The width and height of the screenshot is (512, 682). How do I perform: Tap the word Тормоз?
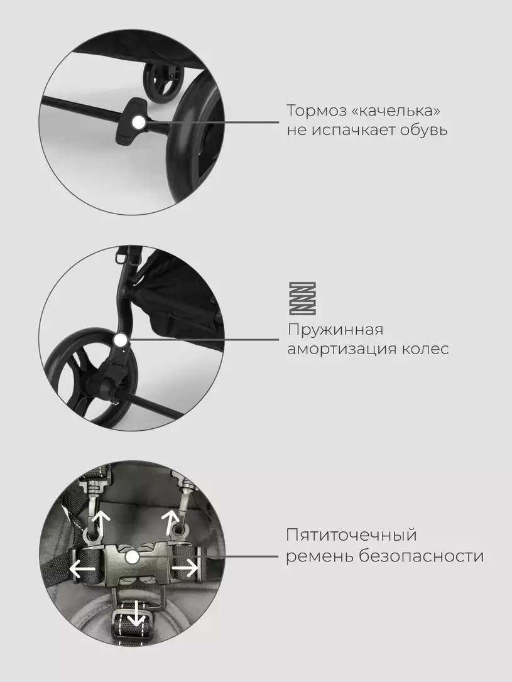click(x=315, y=111)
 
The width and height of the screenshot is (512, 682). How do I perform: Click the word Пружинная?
click(x=335, y=330)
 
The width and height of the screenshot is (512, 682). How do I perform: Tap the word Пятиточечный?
click(x=351, y=536)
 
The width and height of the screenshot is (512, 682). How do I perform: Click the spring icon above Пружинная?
click(x=303, y=298)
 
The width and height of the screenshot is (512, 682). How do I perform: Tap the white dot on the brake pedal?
click(x=138, y=122)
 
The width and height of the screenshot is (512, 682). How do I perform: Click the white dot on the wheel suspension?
click(x=121, y=340)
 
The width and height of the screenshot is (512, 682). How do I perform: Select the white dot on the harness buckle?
click(x=131, y=556)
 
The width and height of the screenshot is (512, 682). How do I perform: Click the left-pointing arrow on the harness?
click(x=83, y=568)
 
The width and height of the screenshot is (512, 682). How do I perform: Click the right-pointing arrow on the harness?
click(x=185, y=568)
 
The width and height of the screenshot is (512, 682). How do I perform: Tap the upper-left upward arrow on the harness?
click(x=101, y=522)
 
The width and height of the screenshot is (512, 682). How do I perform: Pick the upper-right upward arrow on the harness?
click(x=170, y=522)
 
